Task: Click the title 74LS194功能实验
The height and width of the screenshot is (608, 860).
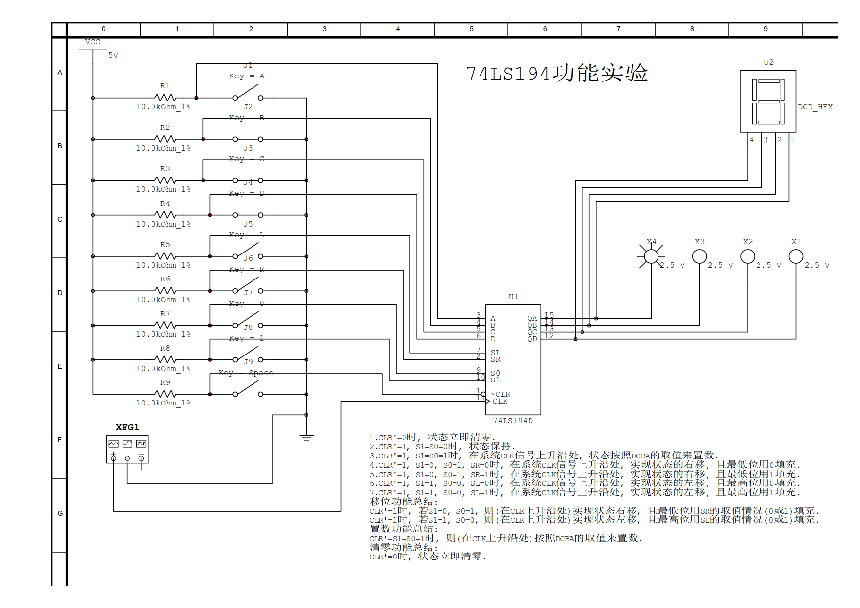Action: click(x=556, y=74)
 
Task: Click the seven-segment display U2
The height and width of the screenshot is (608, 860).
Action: click(x=768, y=101)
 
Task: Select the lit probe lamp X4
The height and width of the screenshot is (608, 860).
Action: click(x=651, y=256)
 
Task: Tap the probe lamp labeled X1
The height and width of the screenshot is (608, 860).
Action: click(x=795, y=256)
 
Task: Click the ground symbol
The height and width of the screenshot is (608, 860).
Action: click(x=306, y=437)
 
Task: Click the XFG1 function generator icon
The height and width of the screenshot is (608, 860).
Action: click(x=127, y=449)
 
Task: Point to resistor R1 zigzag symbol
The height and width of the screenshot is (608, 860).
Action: click(x=165, y=98)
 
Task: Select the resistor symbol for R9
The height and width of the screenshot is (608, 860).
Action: click(x=165, y=394)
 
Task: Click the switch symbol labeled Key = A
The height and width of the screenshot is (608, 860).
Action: click(x=248, y=93)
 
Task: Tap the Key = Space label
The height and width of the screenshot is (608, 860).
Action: click(x=246, y=373)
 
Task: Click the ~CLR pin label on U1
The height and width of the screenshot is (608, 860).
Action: click(x=501, y=394)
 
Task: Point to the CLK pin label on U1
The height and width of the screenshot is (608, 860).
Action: click(x=500, y=401)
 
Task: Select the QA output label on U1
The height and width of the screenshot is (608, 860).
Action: click(x=532, y=318)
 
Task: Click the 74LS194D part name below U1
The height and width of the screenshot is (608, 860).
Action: click(x=512, y=421)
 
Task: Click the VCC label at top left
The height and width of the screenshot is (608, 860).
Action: click(x=92, y=42)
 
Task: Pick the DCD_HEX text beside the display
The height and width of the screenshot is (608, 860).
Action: click(x=815, y=107)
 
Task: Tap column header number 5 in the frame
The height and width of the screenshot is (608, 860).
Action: click(x=471, y=29)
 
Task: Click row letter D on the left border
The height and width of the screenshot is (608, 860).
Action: click(x=60, y=293)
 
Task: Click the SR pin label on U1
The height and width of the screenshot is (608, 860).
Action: click(x=495, y=359)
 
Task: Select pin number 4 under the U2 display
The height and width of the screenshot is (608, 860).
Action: click(x=752, y=140)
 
